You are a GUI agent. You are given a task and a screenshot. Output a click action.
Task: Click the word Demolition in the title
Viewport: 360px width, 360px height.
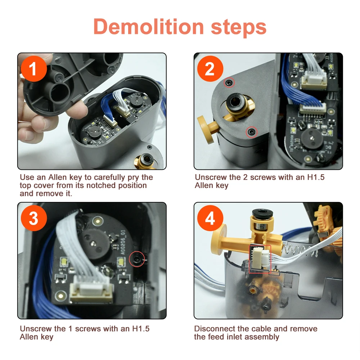(149, 27)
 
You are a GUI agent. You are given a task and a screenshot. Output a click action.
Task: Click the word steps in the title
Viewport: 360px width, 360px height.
(238, 28)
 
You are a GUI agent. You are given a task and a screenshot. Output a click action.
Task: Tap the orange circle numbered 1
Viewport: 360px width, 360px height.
(34, 69)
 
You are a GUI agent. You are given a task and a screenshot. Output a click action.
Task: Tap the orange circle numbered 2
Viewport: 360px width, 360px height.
(210, 69)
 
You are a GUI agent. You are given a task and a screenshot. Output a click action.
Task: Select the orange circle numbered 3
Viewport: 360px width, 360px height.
(34, 218)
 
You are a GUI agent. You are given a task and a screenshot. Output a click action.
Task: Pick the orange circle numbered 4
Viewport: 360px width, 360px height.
(210, 218)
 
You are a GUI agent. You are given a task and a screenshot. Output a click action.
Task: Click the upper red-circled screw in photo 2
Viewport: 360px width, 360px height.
(229, 83)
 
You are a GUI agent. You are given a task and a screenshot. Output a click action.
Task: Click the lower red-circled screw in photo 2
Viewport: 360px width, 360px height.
(252, 132)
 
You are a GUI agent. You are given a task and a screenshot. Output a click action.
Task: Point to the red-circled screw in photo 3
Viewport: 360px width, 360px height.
(137, 259)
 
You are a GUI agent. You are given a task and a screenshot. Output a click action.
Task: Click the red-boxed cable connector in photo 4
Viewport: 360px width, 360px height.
(260, 259)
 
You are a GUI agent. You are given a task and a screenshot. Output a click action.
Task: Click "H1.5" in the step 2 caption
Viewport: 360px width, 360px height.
(316, 177)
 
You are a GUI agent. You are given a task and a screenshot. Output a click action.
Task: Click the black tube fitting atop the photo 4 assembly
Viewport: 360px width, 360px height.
(262, 213)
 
